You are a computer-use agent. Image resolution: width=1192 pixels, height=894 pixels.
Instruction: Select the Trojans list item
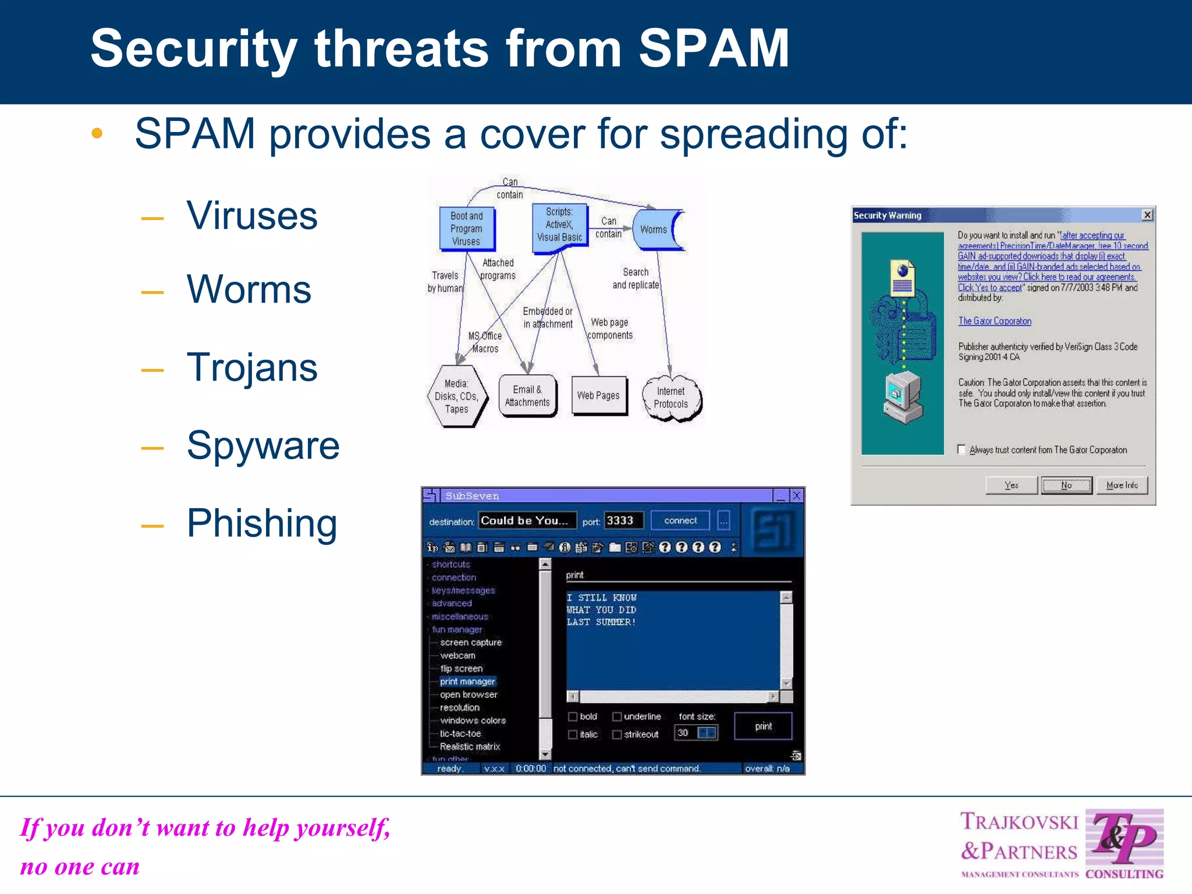[x=251, y=367]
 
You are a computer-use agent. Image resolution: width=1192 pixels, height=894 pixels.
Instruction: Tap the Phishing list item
[x=261, y=523]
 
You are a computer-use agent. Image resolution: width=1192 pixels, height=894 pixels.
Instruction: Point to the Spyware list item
[x=262, y=445]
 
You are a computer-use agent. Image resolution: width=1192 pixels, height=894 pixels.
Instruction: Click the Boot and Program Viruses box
[x=466, y=229]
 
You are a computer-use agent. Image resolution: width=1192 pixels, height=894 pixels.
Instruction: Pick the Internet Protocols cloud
[x=671, y=398]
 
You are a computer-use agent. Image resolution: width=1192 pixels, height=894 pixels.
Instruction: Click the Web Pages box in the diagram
[x=598, y=396]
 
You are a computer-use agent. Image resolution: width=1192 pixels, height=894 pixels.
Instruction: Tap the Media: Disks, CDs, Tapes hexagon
[x=456, y=397]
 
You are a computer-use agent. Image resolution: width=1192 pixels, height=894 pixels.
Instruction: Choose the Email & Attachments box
[x=527, y=396]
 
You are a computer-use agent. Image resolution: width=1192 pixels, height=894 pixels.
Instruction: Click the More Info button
[x=1122, y=485]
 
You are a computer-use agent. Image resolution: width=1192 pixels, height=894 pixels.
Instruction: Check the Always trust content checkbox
[x=962, y=449]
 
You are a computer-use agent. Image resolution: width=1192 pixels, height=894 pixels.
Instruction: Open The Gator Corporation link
[x=995, y=321]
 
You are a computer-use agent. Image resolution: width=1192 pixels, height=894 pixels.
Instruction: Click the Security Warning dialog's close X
[x=1147, y=215]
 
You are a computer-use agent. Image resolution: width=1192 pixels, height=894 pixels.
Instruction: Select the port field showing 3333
[x=623, y=521]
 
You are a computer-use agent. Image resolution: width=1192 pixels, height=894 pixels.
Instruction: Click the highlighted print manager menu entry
[x=467, y=682]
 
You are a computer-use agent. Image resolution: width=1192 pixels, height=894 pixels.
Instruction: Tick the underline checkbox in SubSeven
[x=617, y=716]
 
